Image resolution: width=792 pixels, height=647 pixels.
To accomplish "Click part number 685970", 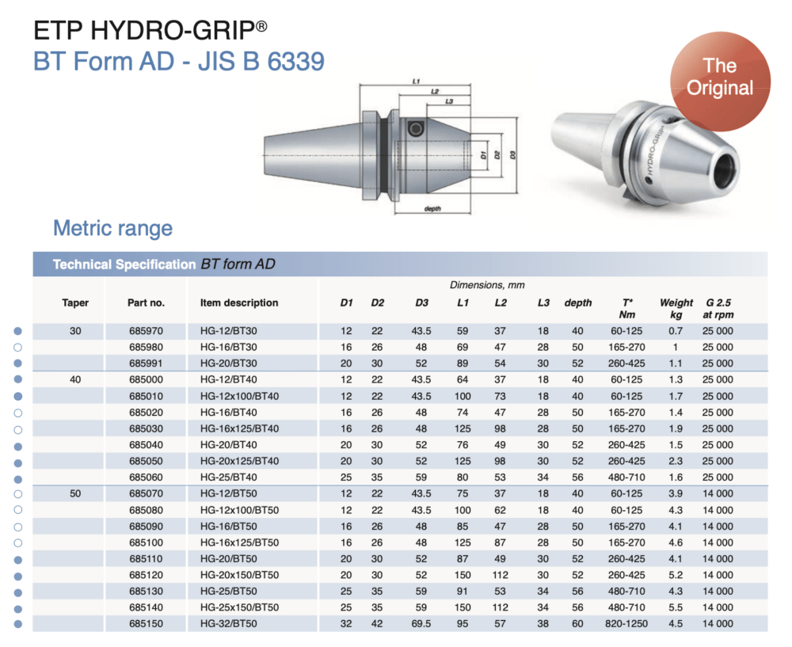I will click(x=146, y=330).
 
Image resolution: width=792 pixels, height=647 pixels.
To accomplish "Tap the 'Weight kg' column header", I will click(x=676, y=309).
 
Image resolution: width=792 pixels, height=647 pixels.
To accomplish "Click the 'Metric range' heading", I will click(x=112, y=229).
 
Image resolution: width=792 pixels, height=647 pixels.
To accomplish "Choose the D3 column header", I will click(x=421, y=303).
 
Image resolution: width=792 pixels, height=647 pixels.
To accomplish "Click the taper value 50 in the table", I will click(x=75, y=493).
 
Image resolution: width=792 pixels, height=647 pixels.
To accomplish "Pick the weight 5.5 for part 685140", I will click(x=676, y=607).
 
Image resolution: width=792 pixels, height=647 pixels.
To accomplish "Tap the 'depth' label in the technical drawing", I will click(x=432, y=208).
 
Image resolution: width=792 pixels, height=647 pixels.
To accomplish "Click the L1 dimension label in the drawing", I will click(x=417, y=81).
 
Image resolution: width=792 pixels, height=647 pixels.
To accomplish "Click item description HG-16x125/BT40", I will click(x=239, y=428).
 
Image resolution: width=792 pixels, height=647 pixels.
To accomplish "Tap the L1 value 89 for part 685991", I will click(x=463, y=363).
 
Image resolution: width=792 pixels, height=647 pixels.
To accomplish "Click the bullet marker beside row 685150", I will click(x=17, y=624).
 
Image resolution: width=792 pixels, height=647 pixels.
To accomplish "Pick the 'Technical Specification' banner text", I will click(x=124, y=265).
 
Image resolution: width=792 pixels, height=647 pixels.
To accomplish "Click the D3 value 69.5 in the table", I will click(x=421, y=624).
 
